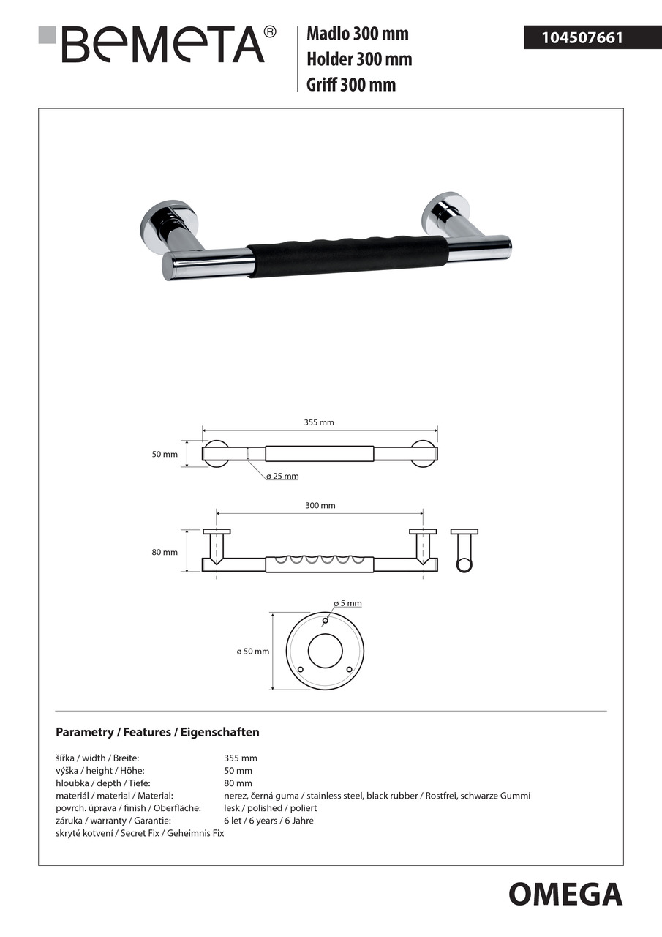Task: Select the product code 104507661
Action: [x=582, y=37]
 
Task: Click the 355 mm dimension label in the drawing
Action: [x=319, y=422]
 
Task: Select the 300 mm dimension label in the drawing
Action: [x=320, y=506]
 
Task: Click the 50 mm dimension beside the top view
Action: [x=165, y=455]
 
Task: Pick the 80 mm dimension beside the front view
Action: [x=165, y=553]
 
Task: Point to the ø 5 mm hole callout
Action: [x=347, y=604]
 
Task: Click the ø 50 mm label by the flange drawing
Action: [x=252, y=652]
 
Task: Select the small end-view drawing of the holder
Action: [x=464, y=550]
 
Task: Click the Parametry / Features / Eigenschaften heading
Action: [x=157, y=732]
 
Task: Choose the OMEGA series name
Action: [x=565, y=895]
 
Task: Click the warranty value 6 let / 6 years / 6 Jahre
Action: [x=268, y=821]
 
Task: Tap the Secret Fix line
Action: [x=140, y=833]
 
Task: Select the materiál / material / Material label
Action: [x=114, y=796]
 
